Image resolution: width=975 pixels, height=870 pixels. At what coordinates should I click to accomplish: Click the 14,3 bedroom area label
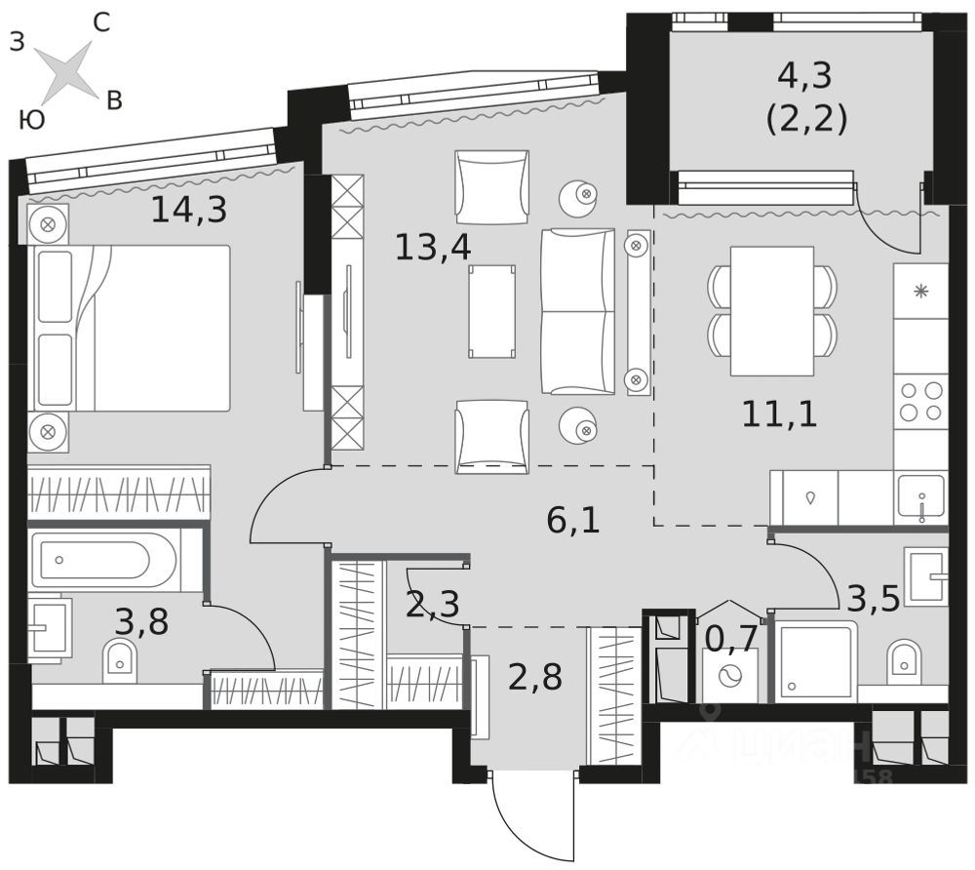[x=188, y=210]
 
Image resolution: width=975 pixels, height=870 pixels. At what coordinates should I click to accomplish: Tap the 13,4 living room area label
[x=433, y=247]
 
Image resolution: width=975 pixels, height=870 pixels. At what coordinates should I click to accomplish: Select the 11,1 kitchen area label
[x=779, y=415]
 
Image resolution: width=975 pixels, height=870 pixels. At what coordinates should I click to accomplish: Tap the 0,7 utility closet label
[x=730, y=639]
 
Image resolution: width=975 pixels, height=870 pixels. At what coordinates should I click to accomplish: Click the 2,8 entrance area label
[x=535, y=676]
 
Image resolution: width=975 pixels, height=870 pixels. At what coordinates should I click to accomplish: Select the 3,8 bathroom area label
[x=141, y=620]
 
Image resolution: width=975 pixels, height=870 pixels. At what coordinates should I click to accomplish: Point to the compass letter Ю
[x=31, y=120]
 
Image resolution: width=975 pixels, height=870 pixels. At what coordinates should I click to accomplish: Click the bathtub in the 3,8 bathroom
[x=103, y=561]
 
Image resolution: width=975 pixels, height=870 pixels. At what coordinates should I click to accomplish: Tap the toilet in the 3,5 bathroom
[x=904, y=661]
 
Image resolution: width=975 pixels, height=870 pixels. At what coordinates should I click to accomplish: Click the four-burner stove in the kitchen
[x=920, y=401]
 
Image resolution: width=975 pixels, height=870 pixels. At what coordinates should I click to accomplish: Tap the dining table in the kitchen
[x=771, y=310]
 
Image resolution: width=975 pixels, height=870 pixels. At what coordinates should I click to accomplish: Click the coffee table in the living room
[x=491, y=310]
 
